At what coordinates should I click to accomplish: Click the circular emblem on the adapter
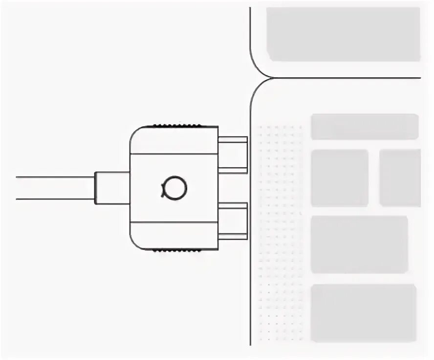click(x=174, y=187)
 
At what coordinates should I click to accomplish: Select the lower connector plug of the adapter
click(x=233, y=221)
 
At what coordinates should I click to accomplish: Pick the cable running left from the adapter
click(x=54, y=188)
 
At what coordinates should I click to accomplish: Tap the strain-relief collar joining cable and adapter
click(x=112, y=188)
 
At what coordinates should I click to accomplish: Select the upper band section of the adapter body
click(x=174, y=140)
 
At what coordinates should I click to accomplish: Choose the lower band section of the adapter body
click(x=174, y=235)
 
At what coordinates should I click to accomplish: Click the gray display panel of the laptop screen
click(x=343, y=34)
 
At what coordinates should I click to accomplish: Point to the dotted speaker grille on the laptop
click(x=280, y=232)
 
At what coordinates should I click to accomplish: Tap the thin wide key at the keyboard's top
click(x=365, y=127)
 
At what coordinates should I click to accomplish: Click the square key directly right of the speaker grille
click(x=339, y=178)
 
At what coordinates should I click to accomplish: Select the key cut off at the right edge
click(x=400, y=178)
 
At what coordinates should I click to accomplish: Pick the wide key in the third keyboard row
click(x=359, y=244)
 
